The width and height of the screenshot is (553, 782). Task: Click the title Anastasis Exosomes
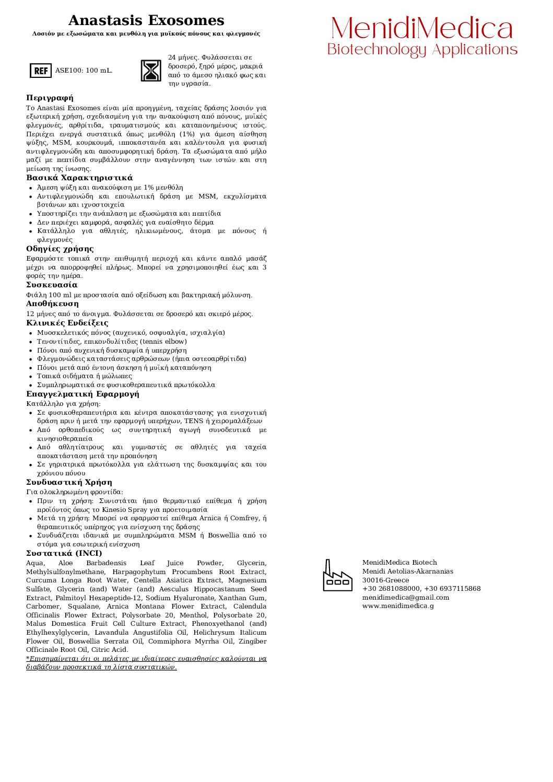click(146, 21)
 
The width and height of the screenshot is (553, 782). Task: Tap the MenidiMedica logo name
click(422, 28)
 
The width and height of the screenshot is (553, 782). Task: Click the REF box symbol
click(41, 71)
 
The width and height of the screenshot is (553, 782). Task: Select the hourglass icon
click(151, 71)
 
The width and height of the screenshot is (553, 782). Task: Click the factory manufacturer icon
click(337, 576)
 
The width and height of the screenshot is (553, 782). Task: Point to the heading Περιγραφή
click(50, 98)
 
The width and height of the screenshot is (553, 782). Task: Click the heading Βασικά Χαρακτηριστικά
click(79, 178)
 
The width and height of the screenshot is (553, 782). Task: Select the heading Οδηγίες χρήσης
click(60, 249)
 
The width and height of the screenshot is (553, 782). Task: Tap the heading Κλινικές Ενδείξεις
click(67, 323)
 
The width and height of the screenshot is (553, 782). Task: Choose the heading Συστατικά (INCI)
click(64, 553)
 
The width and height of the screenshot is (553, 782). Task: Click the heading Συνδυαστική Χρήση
click(69, 482)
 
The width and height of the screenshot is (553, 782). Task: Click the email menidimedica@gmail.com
click(406, 598)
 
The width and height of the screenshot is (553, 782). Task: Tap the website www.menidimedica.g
click(398, 606)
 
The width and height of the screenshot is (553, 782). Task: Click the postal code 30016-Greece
click(386, 580)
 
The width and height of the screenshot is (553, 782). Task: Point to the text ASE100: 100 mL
click(84, 71)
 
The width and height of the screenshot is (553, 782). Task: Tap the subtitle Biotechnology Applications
click(422, 50)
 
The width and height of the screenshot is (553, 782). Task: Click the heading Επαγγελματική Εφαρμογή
click(83, 394)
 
